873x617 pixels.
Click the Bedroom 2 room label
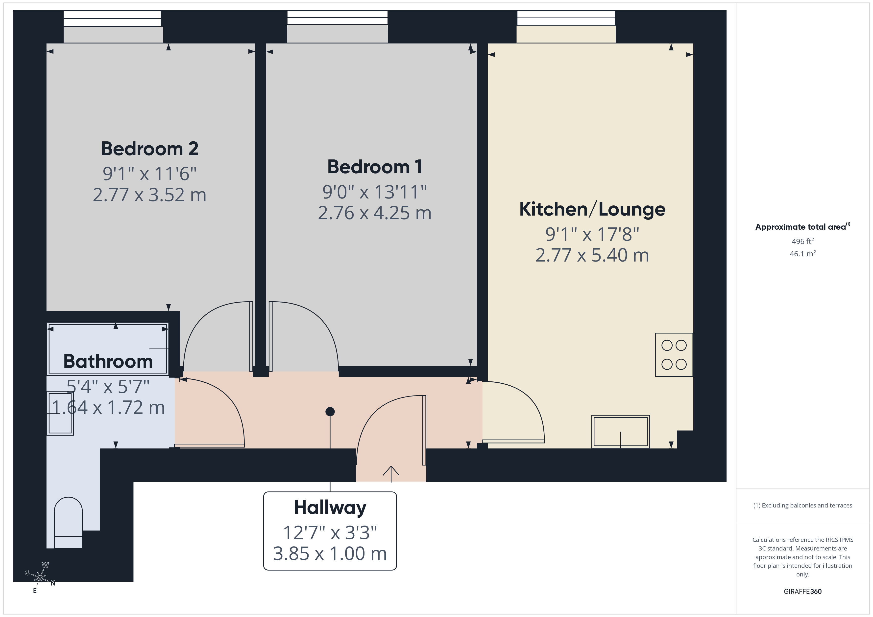[x=149, y=149]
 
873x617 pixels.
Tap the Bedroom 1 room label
[x=375, y=167]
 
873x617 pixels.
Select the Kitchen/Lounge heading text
[x=592, y=209]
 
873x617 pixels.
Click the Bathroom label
[x=108, y=361]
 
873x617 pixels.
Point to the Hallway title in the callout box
[x=330, y=507]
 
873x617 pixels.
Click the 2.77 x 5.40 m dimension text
[x=592, y=255]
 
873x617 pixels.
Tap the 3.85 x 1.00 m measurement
[x=330, y=553]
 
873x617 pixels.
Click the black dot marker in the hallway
[x=330, y=412]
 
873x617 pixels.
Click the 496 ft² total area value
[x=802, y=241]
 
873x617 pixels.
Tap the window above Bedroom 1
[x=337, y=19]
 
